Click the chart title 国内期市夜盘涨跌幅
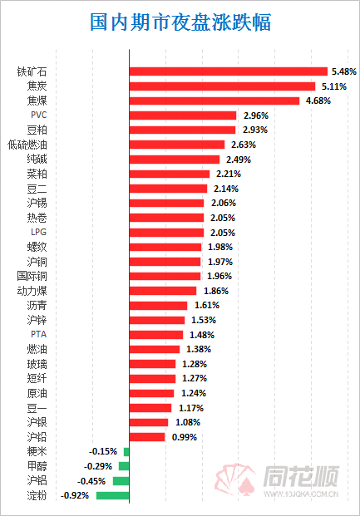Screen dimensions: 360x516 pos(180,22)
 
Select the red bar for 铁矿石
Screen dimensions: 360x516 pos(229,71)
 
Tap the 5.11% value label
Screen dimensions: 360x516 pos(334,86)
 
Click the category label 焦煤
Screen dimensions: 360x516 pos(37,101)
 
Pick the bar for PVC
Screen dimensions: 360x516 pos(183,115)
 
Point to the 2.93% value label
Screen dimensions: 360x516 pos(255,130)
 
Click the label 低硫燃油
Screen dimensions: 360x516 pos(27,145)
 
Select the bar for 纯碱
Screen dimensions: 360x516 pos(175,160)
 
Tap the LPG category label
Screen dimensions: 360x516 pos(38,232)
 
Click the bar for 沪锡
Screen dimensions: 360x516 pos(166,203)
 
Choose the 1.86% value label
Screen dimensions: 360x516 pos(216,291)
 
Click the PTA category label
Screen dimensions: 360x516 pos(38,334)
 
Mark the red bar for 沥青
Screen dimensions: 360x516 pos(158,306)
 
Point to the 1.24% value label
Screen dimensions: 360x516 pos(194,393)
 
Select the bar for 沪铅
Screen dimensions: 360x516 pos(147,437)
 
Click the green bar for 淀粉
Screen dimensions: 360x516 pos(112,495)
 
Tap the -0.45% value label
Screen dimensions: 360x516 pos(91,481)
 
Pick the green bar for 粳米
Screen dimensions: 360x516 pos(126,452)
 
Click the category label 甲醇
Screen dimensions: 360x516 pos(37,466)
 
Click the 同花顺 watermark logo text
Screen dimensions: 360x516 pos(301,476)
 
